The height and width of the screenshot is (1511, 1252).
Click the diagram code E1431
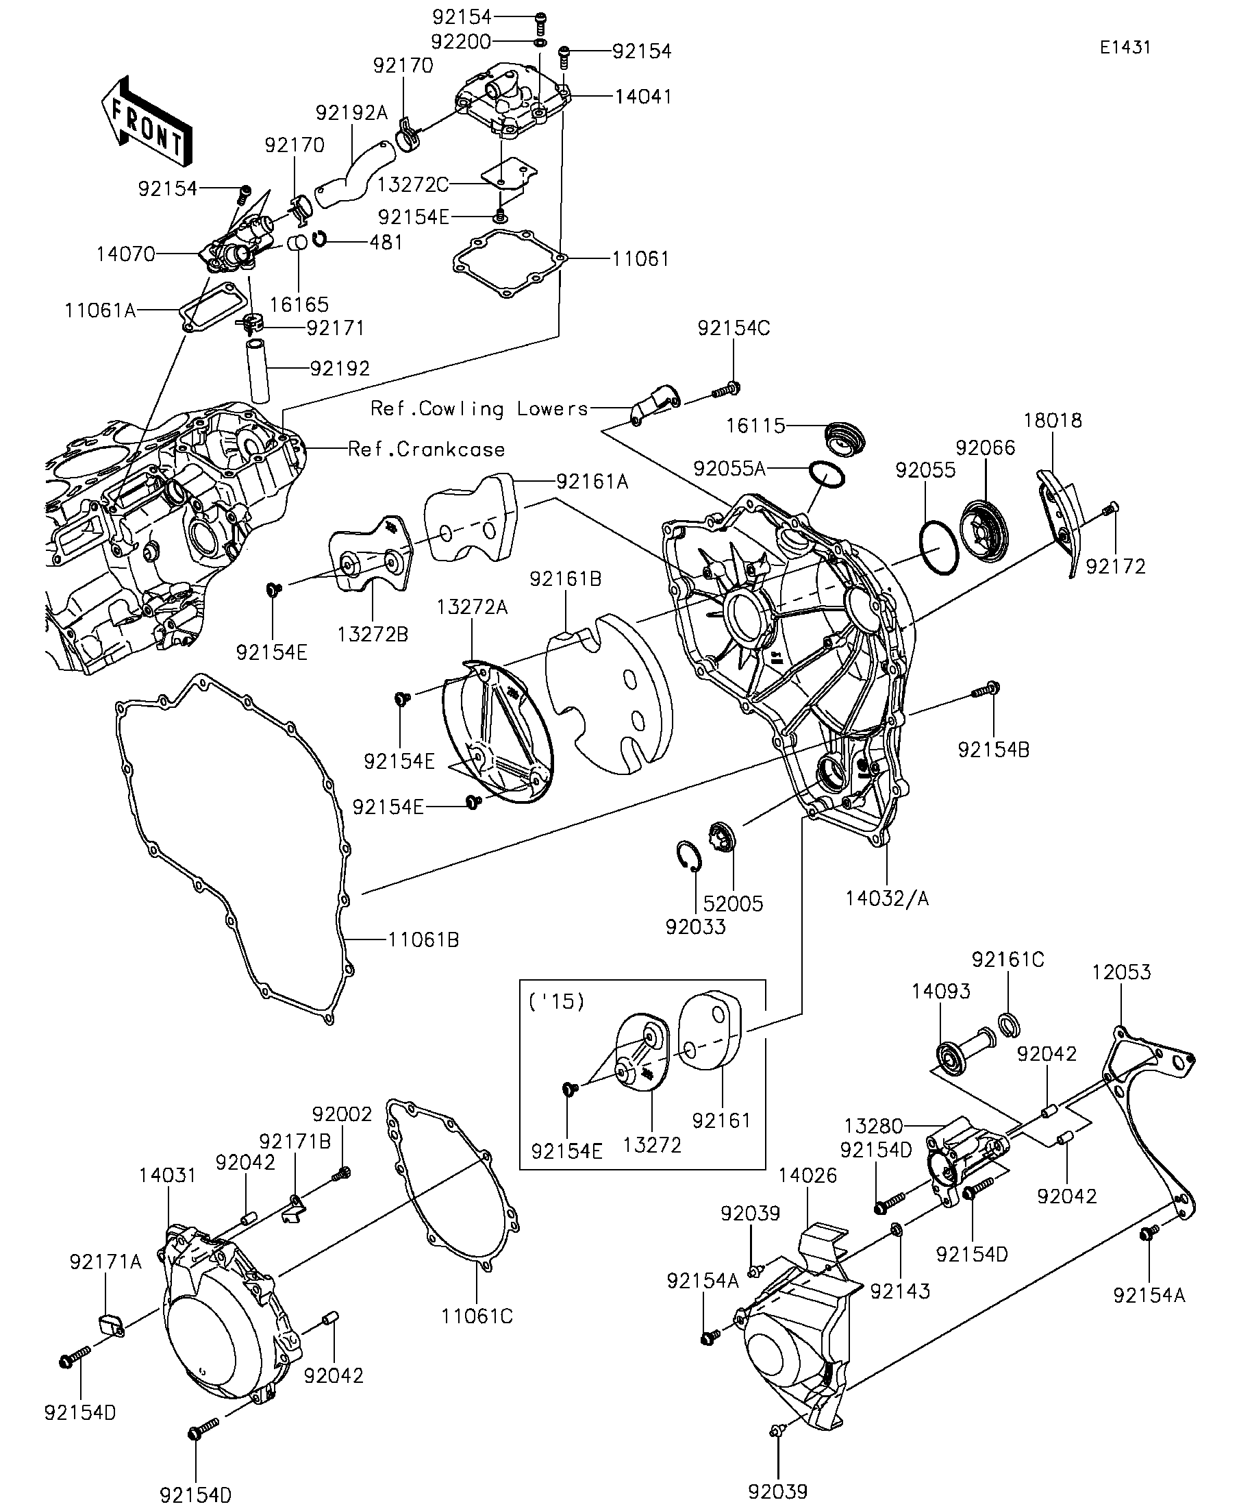[x=1125, y=47]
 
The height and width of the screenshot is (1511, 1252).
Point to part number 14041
[x=643, y=97]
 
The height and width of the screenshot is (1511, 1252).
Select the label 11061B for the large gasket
[x=423, y=939]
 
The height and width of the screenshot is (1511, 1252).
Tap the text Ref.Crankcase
[x=426, y=450]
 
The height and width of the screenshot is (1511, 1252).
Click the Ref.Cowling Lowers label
[x=479, y=408]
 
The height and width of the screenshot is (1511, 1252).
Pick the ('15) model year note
[x=557, y=1002]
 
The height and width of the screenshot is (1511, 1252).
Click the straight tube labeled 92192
[x=259, y=371]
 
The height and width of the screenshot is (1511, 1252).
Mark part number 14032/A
[x=887, y=898]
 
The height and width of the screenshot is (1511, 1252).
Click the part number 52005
[x=734, y=903]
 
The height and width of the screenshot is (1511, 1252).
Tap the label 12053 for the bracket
[x=1121, y=972]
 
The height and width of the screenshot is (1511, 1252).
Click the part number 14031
[x=168, y=1175]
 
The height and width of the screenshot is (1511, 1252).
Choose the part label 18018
[x=1053, y=420]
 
